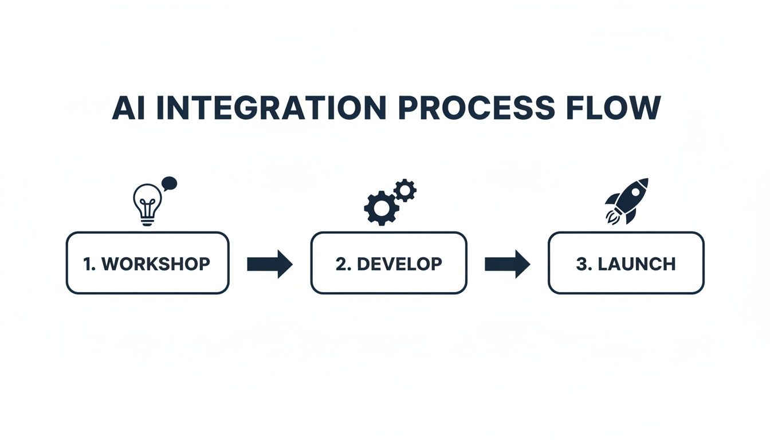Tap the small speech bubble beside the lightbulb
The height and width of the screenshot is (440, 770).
[170, 184]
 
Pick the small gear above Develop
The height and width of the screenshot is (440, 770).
[406, 190]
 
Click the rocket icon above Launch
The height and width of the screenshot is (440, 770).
[628, 200]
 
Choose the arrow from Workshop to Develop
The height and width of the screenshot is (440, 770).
[269, 264]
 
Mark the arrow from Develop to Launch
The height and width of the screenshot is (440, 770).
[507, 264]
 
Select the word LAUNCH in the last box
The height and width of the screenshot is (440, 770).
[637, 264]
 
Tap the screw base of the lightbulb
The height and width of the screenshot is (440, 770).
[147, 221]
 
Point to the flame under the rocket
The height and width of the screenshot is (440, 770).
[611, 216]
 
